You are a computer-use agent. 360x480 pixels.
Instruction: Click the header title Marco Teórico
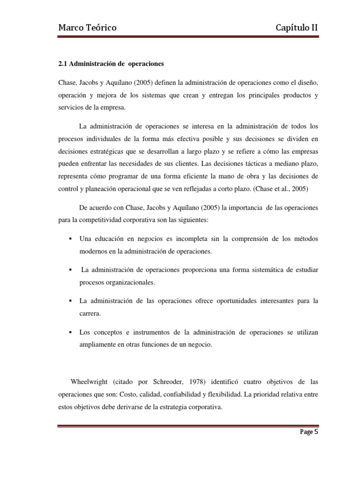pyautogui.click(x=87, y=29)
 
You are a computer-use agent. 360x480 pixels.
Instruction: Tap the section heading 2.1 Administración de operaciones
pyautogui.click(x=112, y=64)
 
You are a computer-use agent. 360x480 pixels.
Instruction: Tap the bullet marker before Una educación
pyautogui.click(x=70, y=239)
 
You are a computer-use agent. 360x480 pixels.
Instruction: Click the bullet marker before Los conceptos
pyautogui.click(x=70, y=332)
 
